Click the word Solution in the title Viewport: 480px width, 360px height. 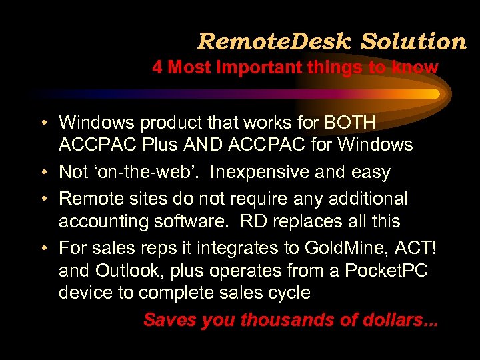tap(413, 42)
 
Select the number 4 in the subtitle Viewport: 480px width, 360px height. tap(157, 67)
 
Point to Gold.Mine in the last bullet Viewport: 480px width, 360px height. tap(340, 248)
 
